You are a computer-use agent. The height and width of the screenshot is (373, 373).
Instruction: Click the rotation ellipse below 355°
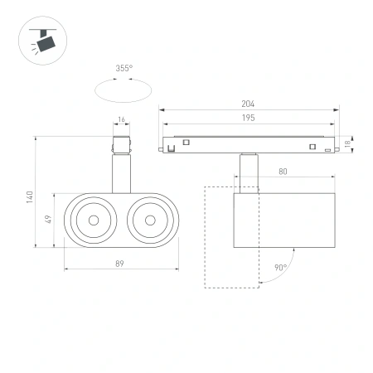tap(123, 89)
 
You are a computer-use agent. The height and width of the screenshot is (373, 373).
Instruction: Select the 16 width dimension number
tap(122, 120)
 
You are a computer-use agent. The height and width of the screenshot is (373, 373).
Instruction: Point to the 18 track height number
tap(349, 143)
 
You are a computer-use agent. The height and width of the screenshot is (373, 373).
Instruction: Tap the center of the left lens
tap(94, 220)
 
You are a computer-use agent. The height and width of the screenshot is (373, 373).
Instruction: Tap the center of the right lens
tap(150, 220)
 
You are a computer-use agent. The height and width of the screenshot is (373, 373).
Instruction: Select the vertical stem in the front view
tap(122, 174)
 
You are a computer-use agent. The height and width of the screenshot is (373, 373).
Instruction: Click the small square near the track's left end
tap(187, 143)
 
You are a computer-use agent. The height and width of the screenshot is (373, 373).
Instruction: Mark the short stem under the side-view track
tap(246, 166)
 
